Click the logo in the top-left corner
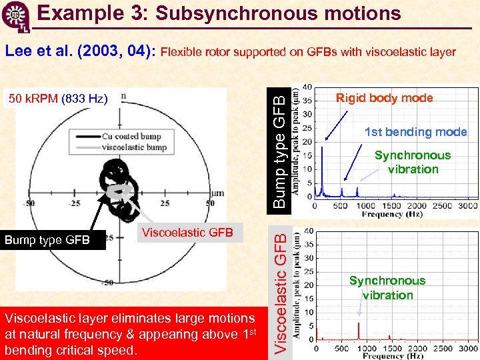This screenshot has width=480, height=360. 14,15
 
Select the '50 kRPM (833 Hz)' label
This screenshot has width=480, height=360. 59,99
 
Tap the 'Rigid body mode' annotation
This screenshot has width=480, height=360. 384,98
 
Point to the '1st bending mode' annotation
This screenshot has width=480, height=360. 415,132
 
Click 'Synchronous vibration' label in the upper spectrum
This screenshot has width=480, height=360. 413,162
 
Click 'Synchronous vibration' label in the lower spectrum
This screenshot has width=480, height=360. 387,288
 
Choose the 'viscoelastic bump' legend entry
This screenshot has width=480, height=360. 134,147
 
